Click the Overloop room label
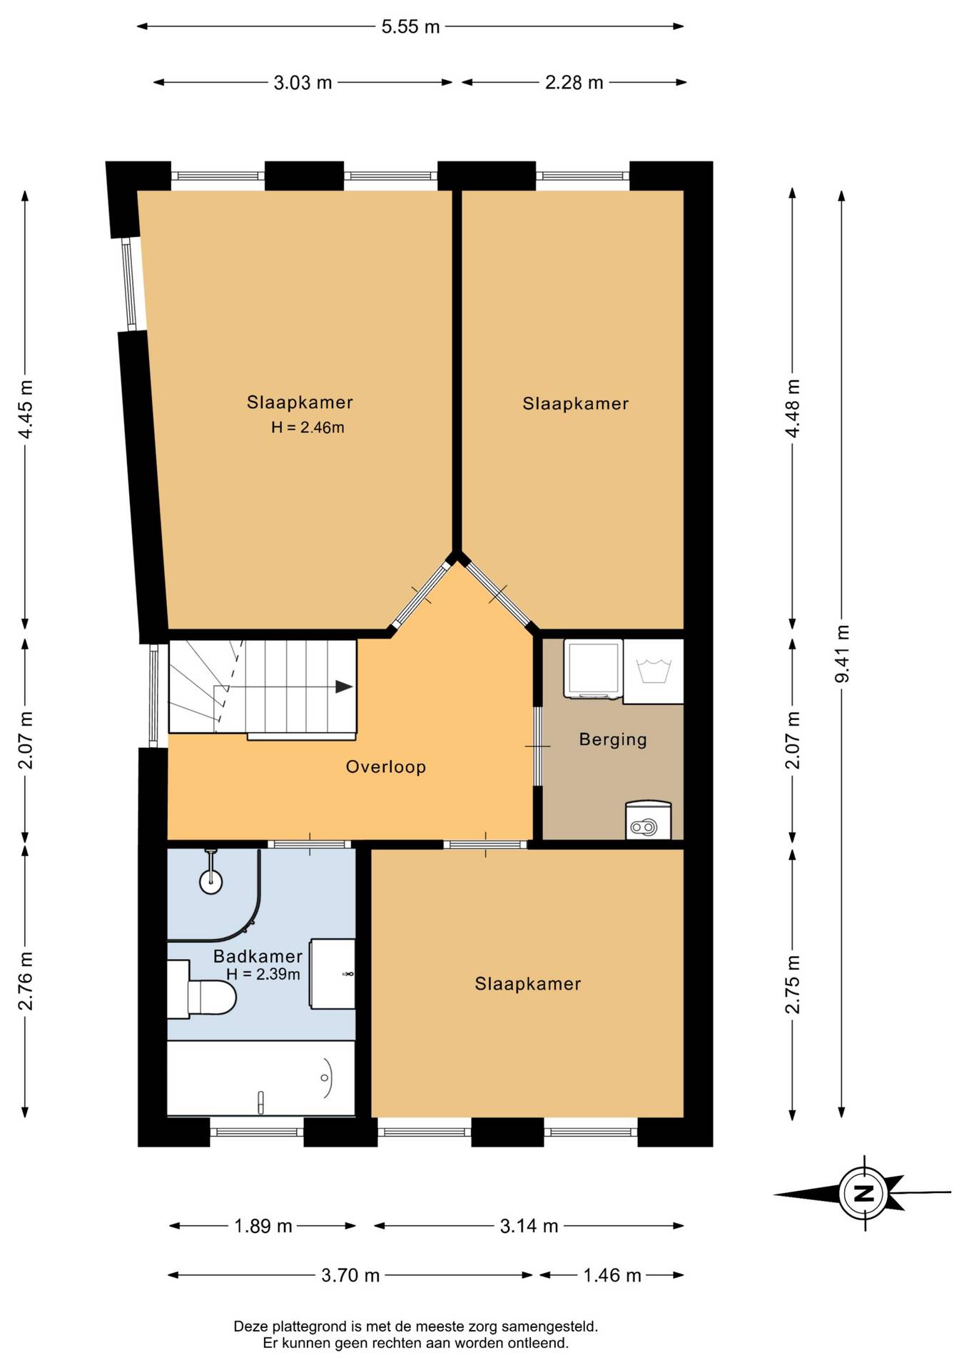point(385,767)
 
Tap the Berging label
point(613,740)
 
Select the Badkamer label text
point(258,956)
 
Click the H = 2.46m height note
point(308,427)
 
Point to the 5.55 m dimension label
point(410,27)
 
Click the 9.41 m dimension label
point(842,654)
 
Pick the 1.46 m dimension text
point(612,1275)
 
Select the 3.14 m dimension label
point(529,1226)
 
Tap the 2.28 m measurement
point(574,83)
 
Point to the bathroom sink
point(332,974)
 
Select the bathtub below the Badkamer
point(261,1077)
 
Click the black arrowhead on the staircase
point(344,687)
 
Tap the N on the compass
point(864,1193)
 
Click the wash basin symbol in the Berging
point(654,671)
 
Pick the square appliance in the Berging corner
point(592,669)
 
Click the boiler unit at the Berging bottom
point(648,820)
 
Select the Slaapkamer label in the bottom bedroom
point(528,984)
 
